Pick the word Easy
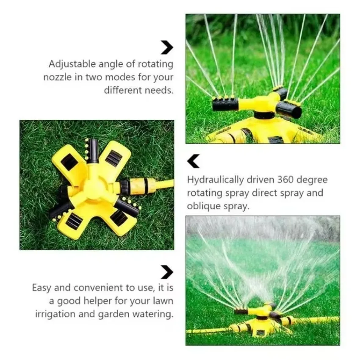pos(42,288)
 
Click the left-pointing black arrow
pos(193,161)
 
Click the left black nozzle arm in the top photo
pos(222,104)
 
